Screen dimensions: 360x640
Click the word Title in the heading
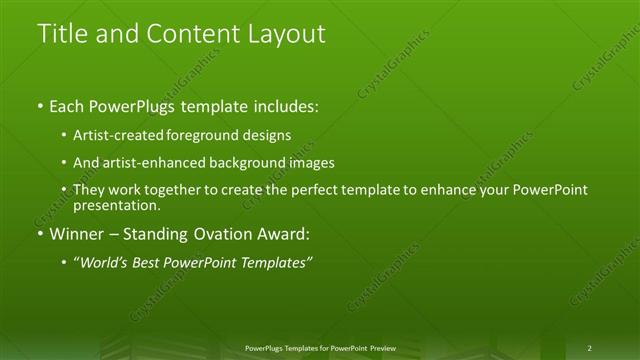point(62,34)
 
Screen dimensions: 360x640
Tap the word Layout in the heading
point(281,34)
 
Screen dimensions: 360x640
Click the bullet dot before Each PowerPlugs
point(40,106)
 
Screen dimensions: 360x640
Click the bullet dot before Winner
point(40,235)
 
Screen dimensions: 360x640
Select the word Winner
point(78,235)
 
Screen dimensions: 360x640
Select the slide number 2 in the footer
point(589,348)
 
